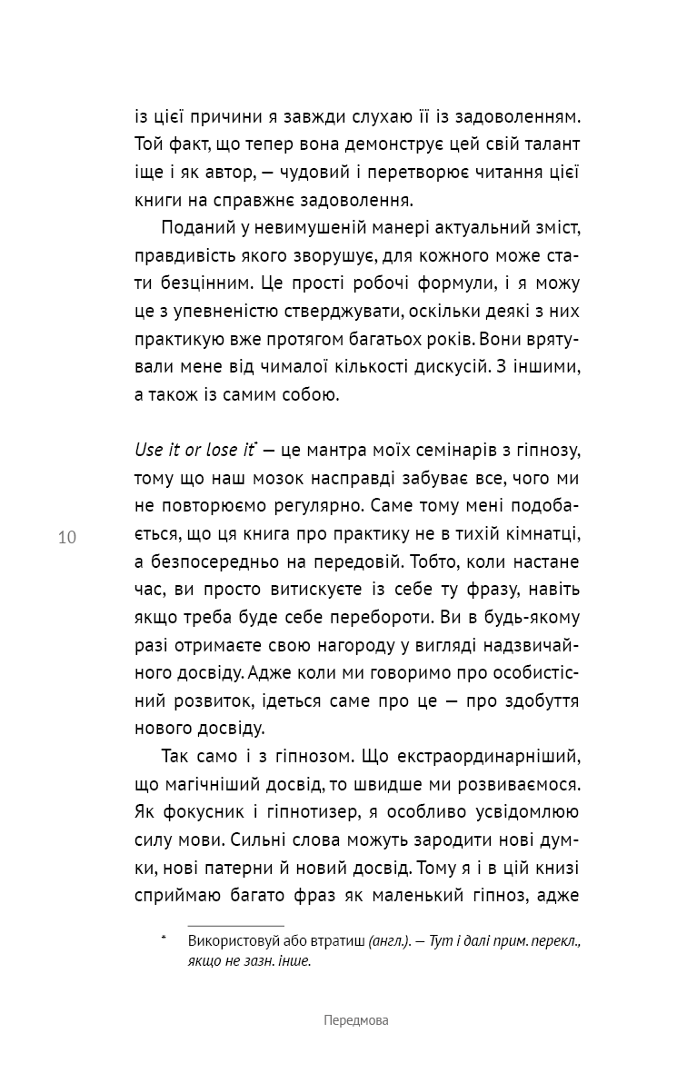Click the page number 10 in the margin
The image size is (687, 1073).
(66, 537)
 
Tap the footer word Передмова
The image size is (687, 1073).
(355, 1020)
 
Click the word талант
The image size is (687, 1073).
(551, 144)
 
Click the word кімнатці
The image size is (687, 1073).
(544, 535)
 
